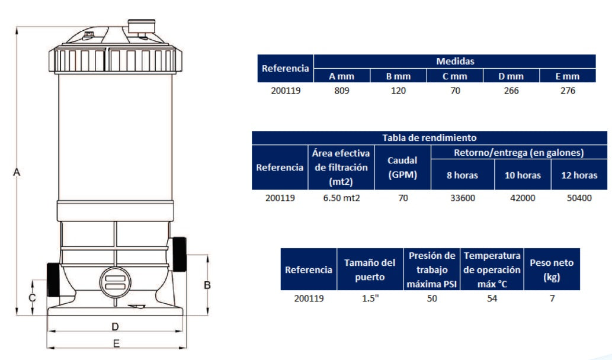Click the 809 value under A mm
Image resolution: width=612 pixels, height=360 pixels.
coord(342,91)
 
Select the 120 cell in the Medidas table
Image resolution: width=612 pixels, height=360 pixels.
coord(398,91)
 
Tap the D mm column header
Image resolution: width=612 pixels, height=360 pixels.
coord(511,76)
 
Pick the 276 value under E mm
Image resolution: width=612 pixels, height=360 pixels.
coord(567,91)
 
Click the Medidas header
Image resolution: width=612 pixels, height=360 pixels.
coord(454,61)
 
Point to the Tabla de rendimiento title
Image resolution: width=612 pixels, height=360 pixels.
coord(429,138)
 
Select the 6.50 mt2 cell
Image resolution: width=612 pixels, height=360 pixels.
coord(341,198)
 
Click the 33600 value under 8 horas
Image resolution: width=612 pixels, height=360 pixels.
coord(462,198)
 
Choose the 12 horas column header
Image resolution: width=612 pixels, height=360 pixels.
coord(579,175)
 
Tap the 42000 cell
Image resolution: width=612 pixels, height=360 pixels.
coord(522,198)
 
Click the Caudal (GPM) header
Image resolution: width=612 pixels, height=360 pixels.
coord(402,168)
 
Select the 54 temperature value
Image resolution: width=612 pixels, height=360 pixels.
coord(492,298)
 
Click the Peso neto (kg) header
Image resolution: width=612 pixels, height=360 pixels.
coord(552,269)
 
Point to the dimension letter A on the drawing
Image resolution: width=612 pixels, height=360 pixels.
coord(17,172)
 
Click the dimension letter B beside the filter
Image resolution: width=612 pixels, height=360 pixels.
coord(207,285)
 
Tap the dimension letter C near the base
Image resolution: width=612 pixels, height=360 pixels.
coord(33,297)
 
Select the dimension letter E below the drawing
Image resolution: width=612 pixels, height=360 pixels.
coord(117,343)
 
